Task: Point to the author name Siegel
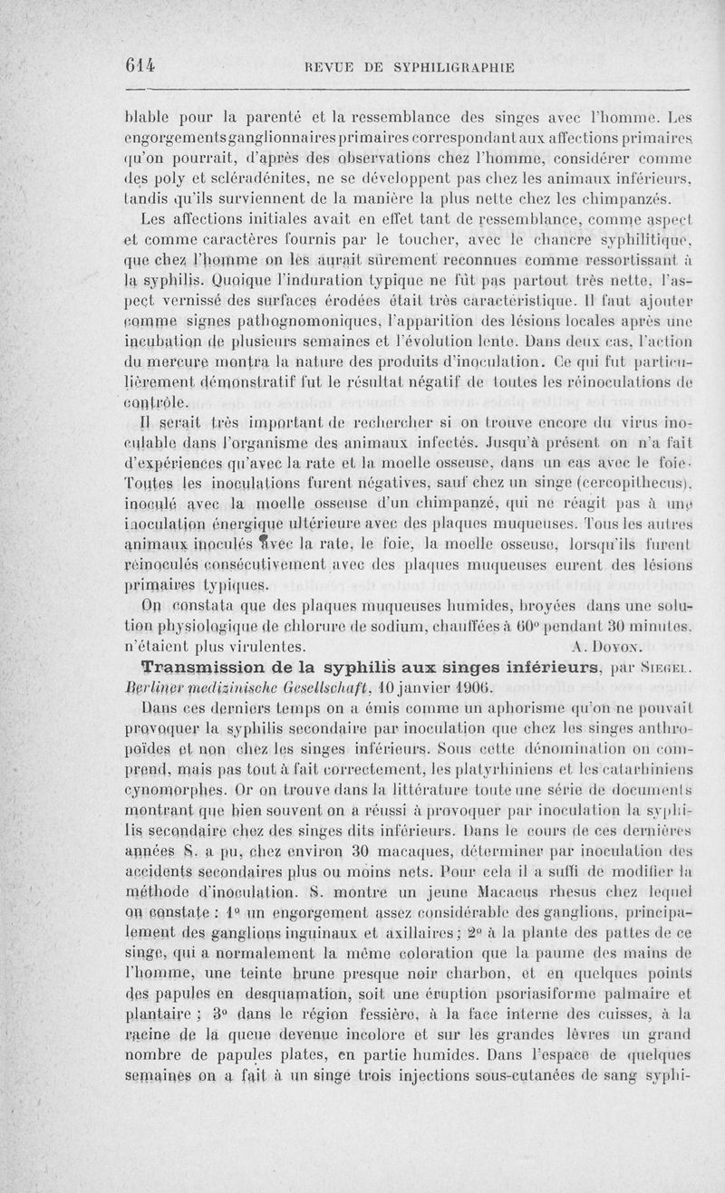tap(672, 669)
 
